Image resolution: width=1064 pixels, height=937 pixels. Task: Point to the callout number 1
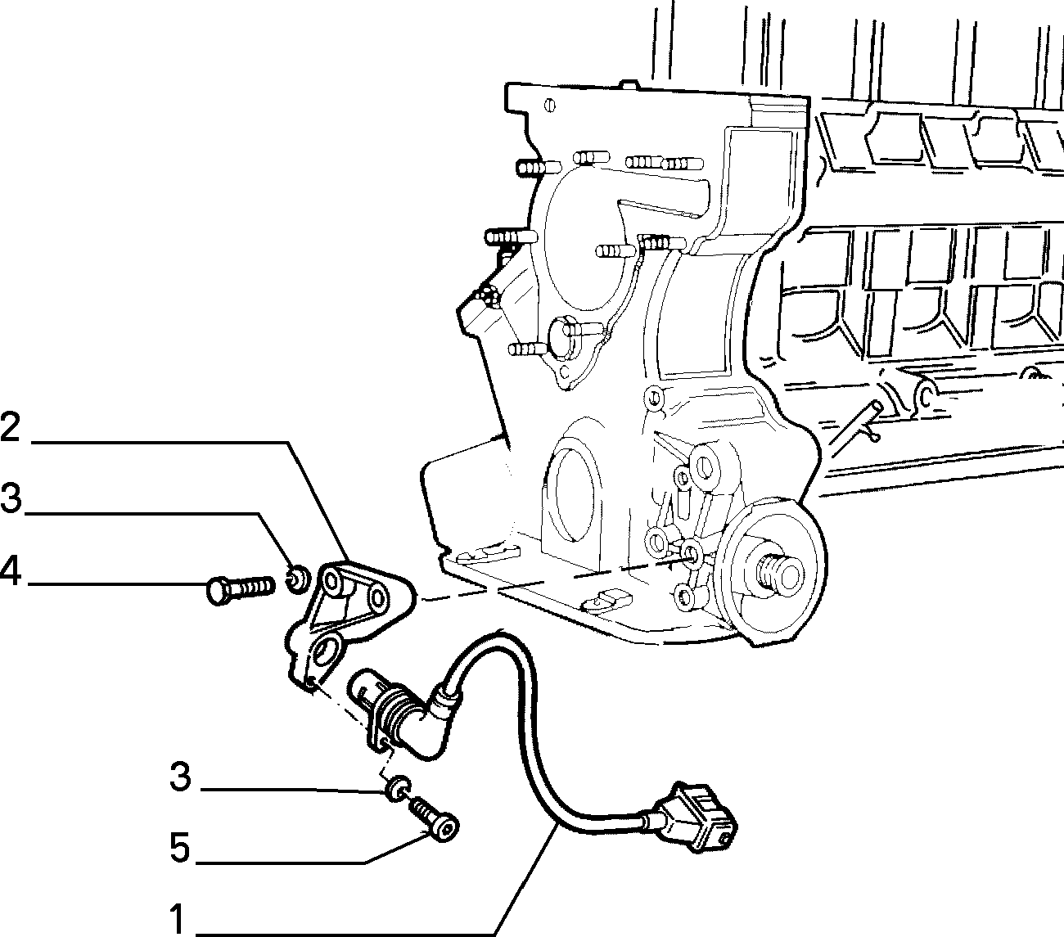178,919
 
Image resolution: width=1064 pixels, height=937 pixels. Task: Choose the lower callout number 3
180,777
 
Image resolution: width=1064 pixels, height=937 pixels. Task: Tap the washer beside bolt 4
299,579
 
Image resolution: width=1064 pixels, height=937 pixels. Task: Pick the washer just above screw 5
398,789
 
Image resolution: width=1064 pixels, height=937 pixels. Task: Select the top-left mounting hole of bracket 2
332,581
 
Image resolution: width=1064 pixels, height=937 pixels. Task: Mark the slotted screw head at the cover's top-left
550,106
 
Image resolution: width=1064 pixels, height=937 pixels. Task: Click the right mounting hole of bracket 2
377,596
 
